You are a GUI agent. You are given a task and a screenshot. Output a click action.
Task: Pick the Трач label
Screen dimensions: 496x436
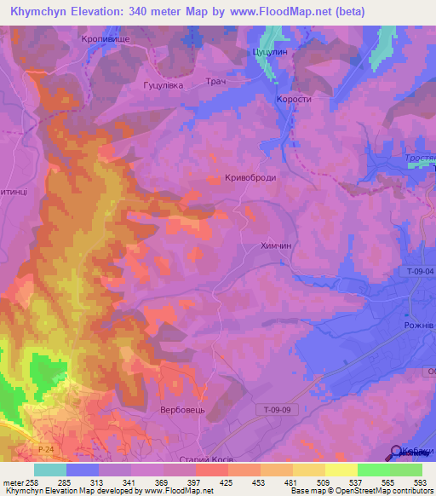[x=215, y=81]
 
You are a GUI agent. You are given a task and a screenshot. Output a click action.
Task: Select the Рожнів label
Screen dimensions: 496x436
[x=419, y=326]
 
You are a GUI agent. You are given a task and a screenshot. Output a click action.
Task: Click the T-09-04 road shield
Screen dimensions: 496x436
[x=420, y=271]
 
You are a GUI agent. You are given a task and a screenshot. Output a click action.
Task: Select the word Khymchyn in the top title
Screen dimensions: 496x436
[x=37, y=12]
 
